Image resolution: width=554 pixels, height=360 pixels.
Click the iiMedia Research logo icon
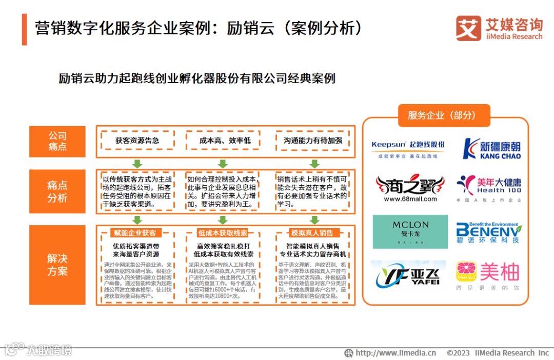pos(468,28)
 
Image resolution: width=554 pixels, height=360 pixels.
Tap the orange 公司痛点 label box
pos(57,141)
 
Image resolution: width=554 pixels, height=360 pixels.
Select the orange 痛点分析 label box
pos(57,191)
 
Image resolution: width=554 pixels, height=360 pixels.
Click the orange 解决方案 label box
pos(57,265)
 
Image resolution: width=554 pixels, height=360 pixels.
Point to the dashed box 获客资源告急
pos(137,140)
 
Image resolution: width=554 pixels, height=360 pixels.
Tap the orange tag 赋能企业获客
pos(135,233)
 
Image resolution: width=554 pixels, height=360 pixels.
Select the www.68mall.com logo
pos(409,189)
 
